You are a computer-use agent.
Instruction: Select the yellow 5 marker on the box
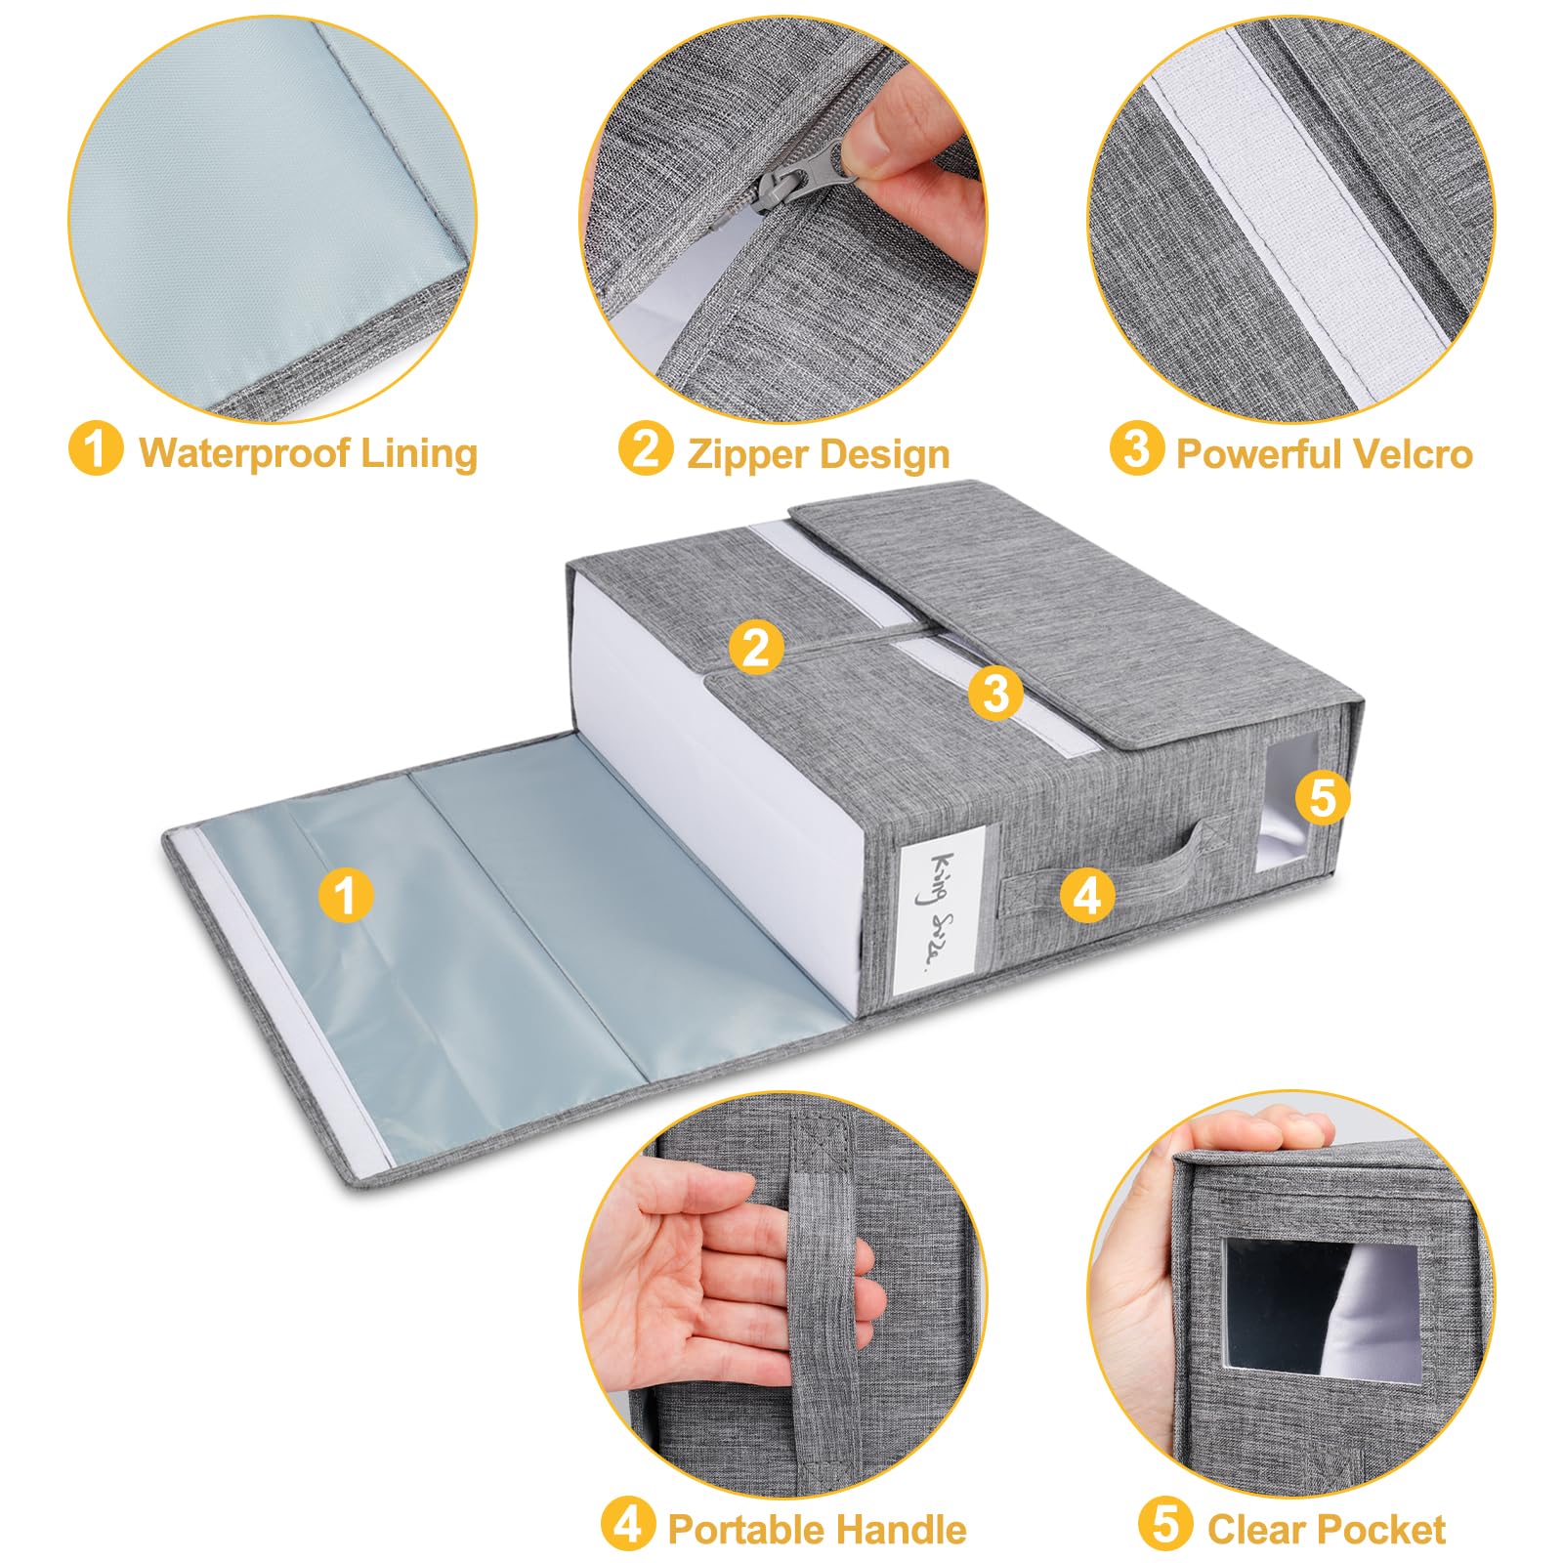[x=1322, y=798]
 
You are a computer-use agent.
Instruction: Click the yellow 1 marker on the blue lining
[x=345, y=896]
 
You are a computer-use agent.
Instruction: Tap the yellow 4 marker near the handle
[x=1087, y=894]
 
